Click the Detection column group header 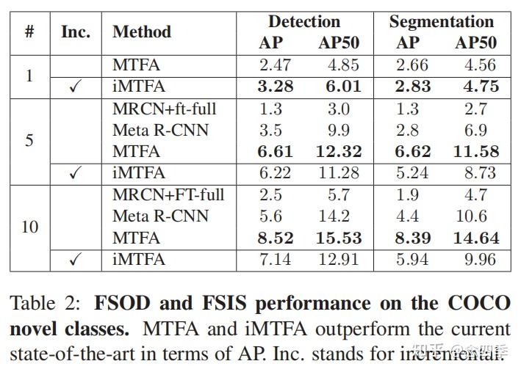click(x=303, y=21)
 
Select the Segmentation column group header click(x=441, y=21)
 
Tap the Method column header click(x=142, y=32)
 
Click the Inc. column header click(x=76, y=32)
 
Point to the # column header click(x=29, y=32)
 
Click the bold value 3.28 click(x=276, y=87)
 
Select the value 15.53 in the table click(x=338, y=238)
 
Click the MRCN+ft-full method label click(x=165, y=109)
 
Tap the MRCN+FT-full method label click(x=168, y=194)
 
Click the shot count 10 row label click(x=29, y=226)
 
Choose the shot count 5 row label click(x=29, y=140)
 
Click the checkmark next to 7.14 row click(x=75, y=260)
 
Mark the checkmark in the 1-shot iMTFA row click(x=75, y=87)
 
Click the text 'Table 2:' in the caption click(x=44, y=304)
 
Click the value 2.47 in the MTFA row click(x=276, y=65)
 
